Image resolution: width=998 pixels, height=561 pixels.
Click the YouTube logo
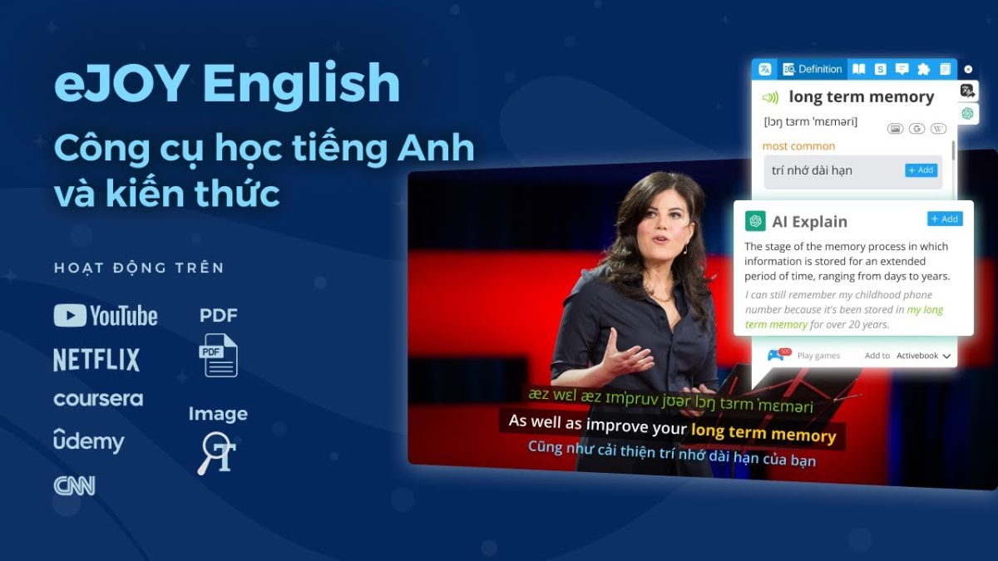pos(106,316)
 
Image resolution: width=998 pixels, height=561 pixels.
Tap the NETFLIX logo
pos(96,360)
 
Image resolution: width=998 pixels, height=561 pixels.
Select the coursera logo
pos(98,399)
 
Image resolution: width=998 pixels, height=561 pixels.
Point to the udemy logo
pos(88,440)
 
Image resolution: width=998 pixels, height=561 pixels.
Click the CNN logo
pos(75,485)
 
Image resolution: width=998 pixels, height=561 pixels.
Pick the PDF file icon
pos(218,355)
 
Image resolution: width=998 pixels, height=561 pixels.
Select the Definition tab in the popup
pos(813,69)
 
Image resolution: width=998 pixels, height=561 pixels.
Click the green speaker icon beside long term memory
pos(771,97)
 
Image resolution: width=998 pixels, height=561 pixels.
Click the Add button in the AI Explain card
pos(944,219)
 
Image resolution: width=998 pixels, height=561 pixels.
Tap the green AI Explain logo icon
pos(755,221)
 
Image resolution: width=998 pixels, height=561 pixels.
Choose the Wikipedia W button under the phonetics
pos(938,129)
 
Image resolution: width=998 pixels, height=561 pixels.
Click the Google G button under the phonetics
pos(916,129)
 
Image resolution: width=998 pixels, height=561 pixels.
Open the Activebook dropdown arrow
pos(946,356)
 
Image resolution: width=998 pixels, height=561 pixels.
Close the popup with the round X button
pos(967,69)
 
